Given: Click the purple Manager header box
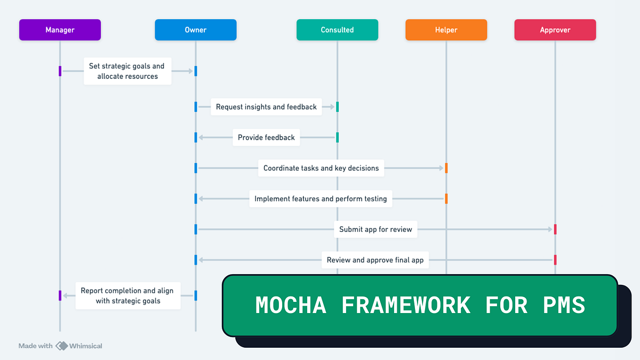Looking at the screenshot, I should [x=60, y=30].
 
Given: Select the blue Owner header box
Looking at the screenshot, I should [x=195, y=30].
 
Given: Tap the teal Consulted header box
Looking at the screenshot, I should [x=337, y=30].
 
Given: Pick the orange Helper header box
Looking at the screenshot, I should [x=446, y=30].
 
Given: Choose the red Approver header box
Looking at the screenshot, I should [x=555, y=30].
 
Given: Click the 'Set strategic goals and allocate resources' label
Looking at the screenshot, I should [x=127, y=71].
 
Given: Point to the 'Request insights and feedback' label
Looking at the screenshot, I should [x=266, y=107].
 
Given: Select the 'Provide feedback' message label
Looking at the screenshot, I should [x=266, y=138].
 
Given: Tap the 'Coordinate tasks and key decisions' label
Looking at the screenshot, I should [x=321, y=168].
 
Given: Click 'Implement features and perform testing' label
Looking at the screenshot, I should [x=321, y=199].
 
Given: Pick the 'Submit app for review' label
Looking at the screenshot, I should [x=375, y=229].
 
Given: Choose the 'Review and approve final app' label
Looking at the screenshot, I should [x=375, y=260].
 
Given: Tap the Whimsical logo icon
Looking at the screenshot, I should [x=62, y=346].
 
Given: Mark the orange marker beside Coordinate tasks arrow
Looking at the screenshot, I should [x=446, y=168].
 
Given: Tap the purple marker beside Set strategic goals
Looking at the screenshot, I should [x=60, y=71].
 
